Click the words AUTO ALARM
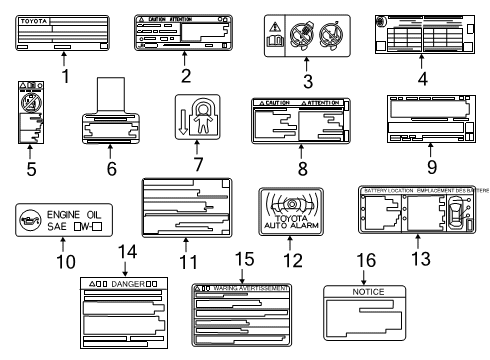pyautogui.click(x=291, y=241)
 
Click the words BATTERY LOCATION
pyautogui.click(x=387, y=190)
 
